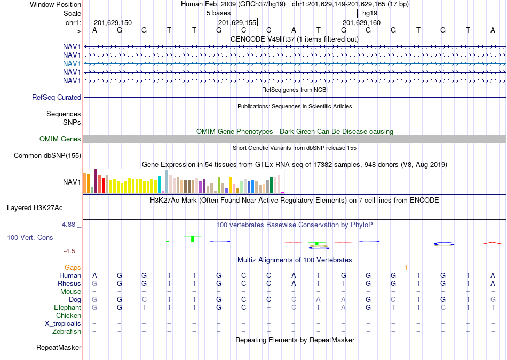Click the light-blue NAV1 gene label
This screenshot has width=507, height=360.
click(x=72, y=63)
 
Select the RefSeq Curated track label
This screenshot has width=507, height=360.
click(x=57, y=97)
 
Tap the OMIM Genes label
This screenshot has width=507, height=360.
click(x=60, y=139)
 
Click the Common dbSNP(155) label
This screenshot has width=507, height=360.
click(x=47, y=155)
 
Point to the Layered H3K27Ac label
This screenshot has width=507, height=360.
click(x=35, y=208)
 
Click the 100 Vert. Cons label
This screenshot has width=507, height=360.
click(x=30, y=237)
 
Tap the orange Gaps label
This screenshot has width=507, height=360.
click(x=73, y=267)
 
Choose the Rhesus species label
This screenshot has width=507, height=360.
click(x=69, y=283)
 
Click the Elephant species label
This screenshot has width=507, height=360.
click(x=68, y=307)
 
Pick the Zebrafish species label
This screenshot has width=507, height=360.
click(x=67, y=332)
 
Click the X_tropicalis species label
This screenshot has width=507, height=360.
click(x=63, y=324)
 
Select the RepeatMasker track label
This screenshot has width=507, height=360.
click(x=59, y=347)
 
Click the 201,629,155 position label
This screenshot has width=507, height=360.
click(x=237, y=22)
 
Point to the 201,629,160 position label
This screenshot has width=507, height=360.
click(x=361, y=22)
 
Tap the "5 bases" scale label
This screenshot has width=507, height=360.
click(x=219, y=13)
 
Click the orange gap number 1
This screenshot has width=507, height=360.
click(x=407, y=268)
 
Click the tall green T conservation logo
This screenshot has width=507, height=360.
click(x=193, y=239)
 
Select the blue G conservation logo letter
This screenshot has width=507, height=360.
click(x=443, y=244)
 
